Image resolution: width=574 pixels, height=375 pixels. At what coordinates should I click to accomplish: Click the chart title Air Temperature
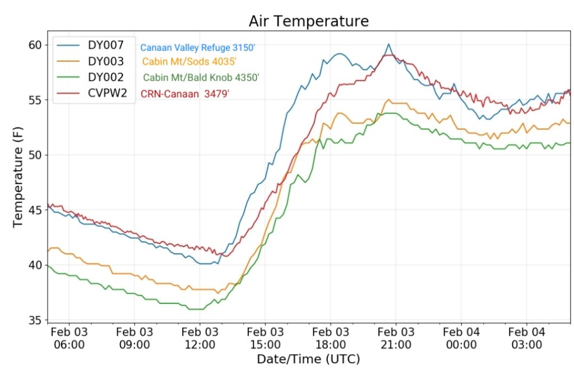[309, 21]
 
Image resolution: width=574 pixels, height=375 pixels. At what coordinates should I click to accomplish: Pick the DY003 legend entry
[110, 61]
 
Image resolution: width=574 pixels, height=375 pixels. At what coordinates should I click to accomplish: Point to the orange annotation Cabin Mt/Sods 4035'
[189, 62]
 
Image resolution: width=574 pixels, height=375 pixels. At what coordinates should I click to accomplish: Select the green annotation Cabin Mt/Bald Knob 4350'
[201, 77]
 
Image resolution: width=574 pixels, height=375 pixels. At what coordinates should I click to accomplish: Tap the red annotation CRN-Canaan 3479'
[185, 94]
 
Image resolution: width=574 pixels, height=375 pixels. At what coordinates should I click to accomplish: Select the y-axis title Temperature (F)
[18, 183]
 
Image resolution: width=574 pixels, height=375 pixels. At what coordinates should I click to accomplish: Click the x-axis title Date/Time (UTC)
[308, 359]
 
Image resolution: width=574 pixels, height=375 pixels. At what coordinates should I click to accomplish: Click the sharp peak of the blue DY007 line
[388, 44]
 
